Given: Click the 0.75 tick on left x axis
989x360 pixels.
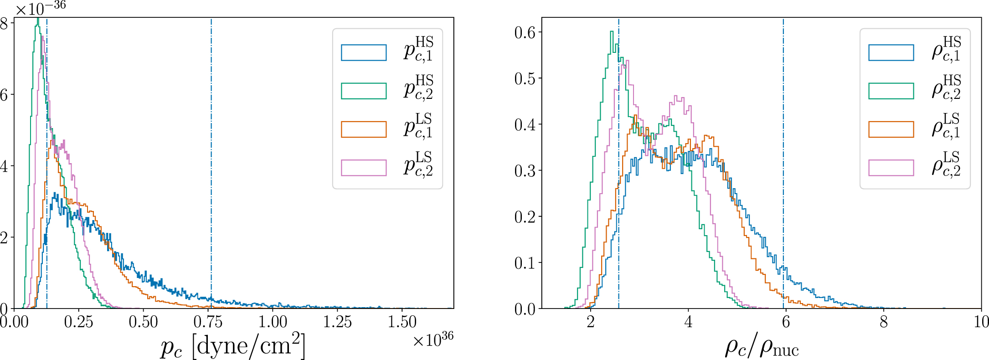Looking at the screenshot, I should point(208,322).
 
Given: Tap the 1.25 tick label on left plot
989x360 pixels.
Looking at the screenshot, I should point(337,322).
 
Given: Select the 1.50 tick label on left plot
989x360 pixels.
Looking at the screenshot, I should point(402,322).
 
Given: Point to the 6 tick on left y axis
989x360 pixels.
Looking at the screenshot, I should point(5,95).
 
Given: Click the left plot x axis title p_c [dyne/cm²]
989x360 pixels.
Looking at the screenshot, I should point(233,347).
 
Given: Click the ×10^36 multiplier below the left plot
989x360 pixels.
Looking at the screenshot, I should point(433,340).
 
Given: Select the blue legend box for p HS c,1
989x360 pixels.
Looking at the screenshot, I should point(364,52).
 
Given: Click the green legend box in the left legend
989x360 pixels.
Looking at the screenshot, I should point(364,91).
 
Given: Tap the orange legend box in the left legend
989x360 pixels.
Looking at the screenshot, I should point(364,129).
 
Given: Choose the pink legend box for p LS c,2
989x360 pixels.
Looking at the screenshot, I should point(364,167).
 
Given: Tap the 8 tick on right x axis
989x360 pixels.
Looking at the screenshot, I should point(883,322).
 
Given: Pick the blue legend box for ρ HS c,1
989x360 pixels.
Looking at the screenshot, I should point(891,52).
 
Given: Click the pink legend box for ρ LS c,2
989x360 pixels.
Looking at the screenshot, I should point(891,167).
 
